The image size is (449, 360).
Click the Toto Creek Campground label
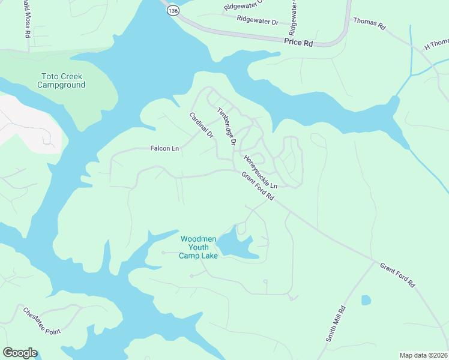click(x=61, y=80)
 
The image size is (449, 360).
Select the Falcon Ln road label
click(x=164, y=148)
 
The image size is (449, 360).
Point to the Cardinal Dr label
click(x=202, y=125)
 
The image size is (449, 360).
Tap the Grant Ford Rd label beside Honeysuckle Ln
click(x=258, y=186)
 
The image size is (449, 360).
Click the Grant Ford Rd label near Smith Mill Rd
click(x=397, y=275)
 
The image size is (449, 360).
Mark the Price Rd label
click(x=299, y=43)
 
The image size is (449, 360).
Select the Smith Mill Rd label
click(x=336, y=324)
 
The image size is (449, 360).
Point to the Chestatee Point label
click(x=43, y=321)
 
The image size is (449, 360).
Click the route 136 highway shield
click(x=173, y=11)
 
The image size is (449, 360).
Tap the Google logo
click(x=20, y=353)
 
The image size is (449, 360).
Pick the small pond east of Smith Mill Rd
click(x=366, y=300)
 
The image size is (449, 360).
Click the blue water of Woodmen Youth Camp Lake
click(x=234, y=246)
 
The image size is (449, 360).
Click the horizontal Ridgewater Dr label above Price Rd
click(x=258, y=21)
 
